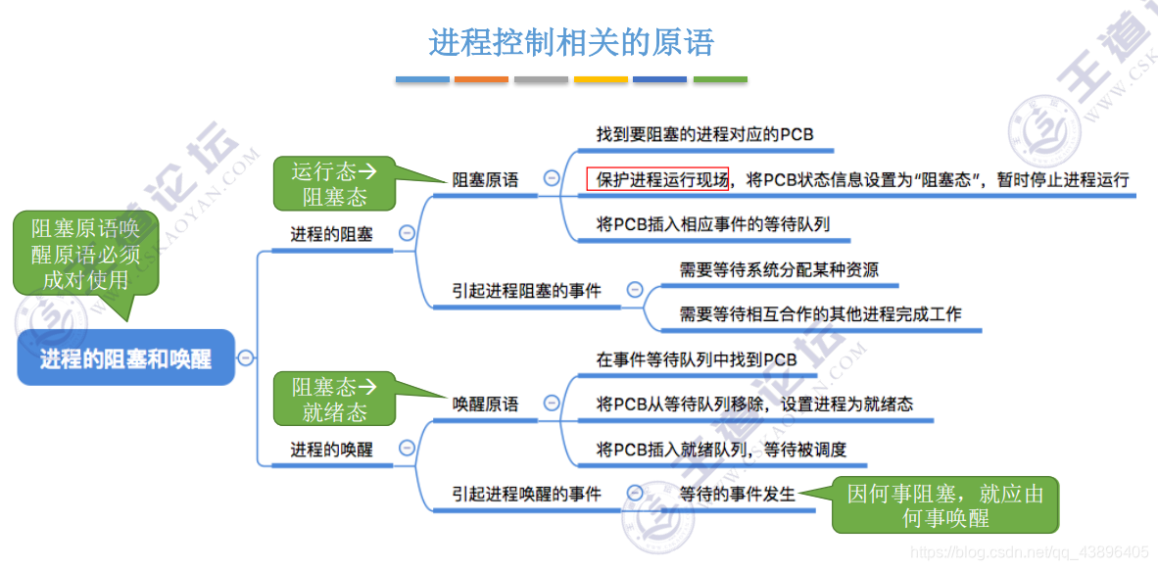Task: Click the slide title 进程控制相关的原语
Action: [571, 42]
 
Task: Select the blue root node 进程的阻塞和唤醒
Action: [126, 358]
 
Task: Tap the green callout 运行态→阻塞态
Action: [334, 183]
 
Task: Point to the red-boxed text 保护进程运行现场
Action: [657, 180]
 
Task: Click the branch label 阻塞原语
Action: [485, 180]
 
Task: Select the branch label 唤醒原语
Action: [485, 404]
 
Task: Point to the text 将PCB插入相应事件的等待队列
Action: [713, 224]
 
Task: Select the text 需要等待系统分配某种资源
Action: [779, 269]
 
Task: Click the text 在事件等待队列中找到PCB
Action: [697, 359]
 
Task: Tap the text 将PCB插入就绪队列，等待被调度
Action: [721, 450]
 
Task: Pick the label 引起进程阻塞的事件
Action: [526, 290]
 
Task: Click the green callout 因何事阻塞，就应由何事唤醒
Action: [944, 505]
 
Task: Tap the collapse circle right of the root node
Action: [246, 357]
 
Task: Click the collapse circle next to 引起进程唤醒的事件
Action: [635, 494]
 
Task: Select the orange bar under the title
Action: [481, 79]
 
